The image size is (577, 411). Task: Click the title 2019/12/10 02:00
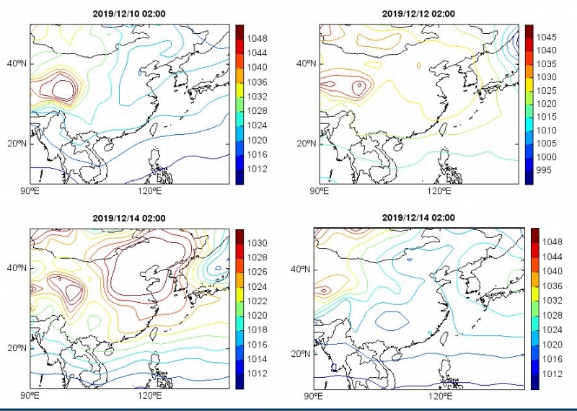tap(129, 14)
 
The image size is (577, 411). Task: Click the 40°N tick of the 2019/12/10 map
tap(17, 63)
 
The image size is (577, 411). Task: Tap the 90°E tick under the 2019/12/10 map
tap(30, 191)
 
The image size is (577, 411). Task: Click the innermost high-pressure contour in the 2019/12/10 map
tap(64, 89)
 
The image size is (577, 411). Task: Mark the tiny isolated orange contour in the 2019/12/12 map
tap(419, 66)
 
